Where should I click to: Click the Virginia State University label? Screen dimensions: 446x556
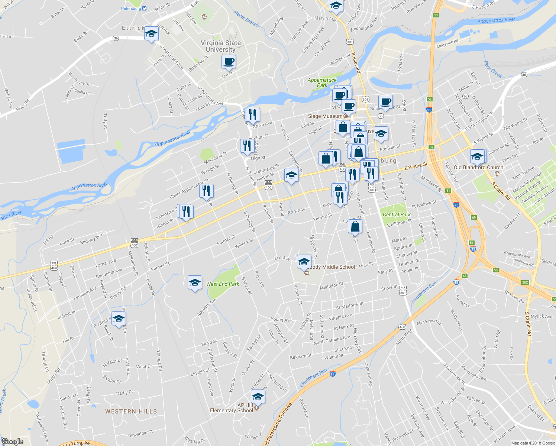221,46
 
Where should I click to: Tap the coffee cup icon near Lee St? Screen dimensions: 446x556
229,62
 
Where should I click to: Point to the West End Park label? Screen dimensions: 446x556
223,284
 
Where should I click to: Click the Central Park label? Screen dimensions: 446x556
397,214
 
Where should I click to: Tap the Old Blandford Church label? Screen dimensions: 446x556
478,167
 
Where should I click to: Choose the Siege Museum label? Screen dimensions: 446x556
325,116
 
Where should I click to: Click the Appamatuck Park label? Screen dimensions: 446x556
322,83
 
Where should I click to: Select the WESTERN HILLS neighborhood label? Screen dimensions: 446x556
131,411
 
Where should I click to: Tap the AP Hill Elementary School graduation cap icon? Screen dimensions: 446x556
258,397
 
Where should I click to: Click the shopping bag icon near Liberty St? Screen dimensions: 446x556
355,226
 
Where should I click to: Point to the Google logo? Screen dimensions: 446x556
13,442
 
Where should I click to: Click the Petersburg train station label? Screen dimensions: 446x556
131,8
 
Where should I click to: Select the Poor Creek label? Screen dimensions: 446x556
493,70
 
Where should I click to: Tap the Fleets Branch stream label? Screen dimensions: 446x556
246,19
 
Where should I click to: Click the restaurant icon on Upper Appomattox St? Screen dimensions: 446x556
206,191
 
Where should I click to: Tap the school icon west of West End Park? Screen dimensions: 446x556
195,283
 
